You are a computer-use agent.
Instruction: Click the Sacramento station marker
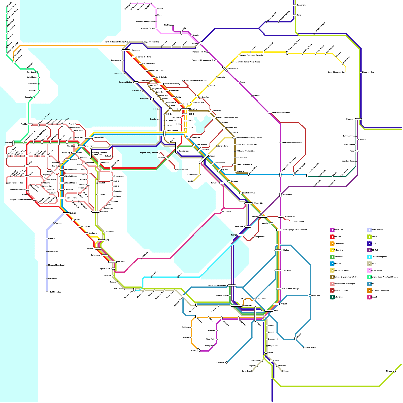294,5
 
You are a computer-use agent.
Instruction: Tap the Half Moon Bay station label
55,292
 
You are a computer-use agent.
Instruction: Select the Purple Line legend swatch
332,230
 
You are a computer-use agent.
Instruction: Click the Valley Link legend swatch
332,297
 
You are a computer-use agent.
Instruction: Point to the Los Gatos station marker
227,363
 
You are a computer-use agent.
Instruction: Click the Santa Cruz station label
246,371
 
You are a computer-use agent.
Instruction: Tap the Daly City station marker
66,213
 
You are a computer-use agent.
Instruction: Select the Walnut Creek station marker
225,69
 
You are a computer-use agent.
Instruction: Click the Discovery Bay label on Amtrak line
368,72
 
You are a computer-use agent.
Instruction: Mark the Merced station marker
394,371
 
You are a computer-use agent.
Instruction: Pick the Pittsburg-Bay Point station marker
287,53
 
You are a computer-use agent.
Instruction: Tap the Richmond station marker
126,50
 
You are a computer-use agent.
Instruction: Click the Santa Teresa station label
310,348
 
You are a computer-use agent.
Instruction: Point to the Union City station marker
248,203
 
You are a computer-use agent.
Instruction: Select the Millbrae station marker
98,249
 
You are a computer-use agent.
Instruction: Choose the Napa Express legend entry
377,270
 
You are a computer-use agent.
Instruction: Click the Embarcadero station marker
89,138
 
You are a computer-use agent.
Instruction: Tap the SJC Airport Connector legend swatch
369,290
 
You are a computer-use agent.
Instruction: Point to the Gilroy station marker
266,353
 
